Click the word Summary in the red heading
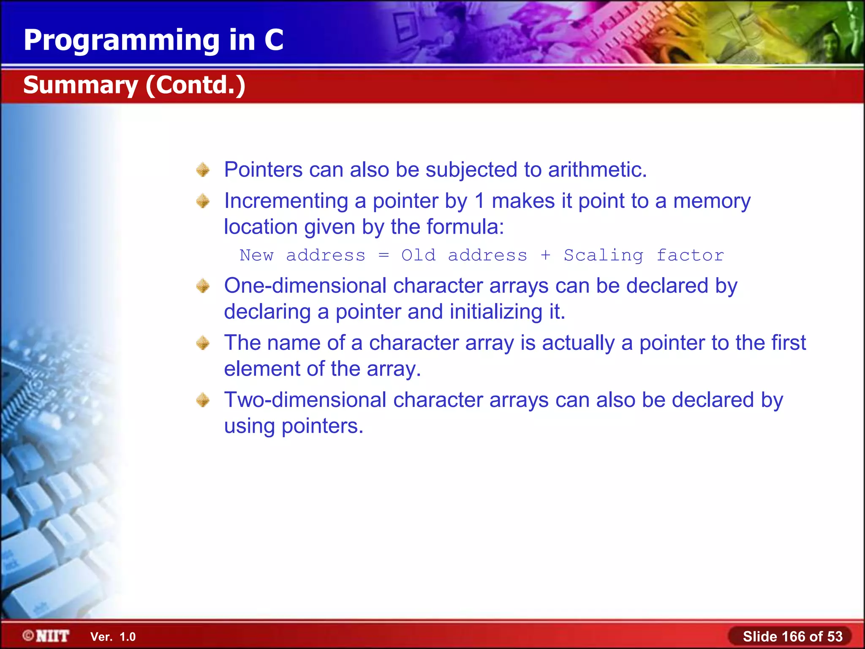(x=80, y=85)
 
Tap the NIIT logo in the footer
(x=46, y=636)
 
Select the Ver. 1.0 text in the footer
(x=113, y=637)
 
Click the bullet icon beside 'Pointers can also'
(x=203, y=170)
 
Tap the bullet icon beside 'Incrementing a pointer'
(x=203, y=201)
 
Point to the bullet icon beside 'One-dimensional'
(x=203, y=286)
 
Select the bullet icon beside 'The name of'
(x=203, y=343)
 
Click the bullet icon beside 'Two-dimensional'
(x=203, y=400)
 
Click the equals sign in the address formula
(x=384, y=255)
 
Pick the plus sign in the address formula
(x=545, y=255)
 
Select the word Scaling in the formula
(x=603, y=255)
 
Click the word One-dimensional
(x=305, y=286)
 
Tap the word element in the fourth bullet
(x=262, y=369)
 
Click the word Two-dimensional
(x=305, y=400)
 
